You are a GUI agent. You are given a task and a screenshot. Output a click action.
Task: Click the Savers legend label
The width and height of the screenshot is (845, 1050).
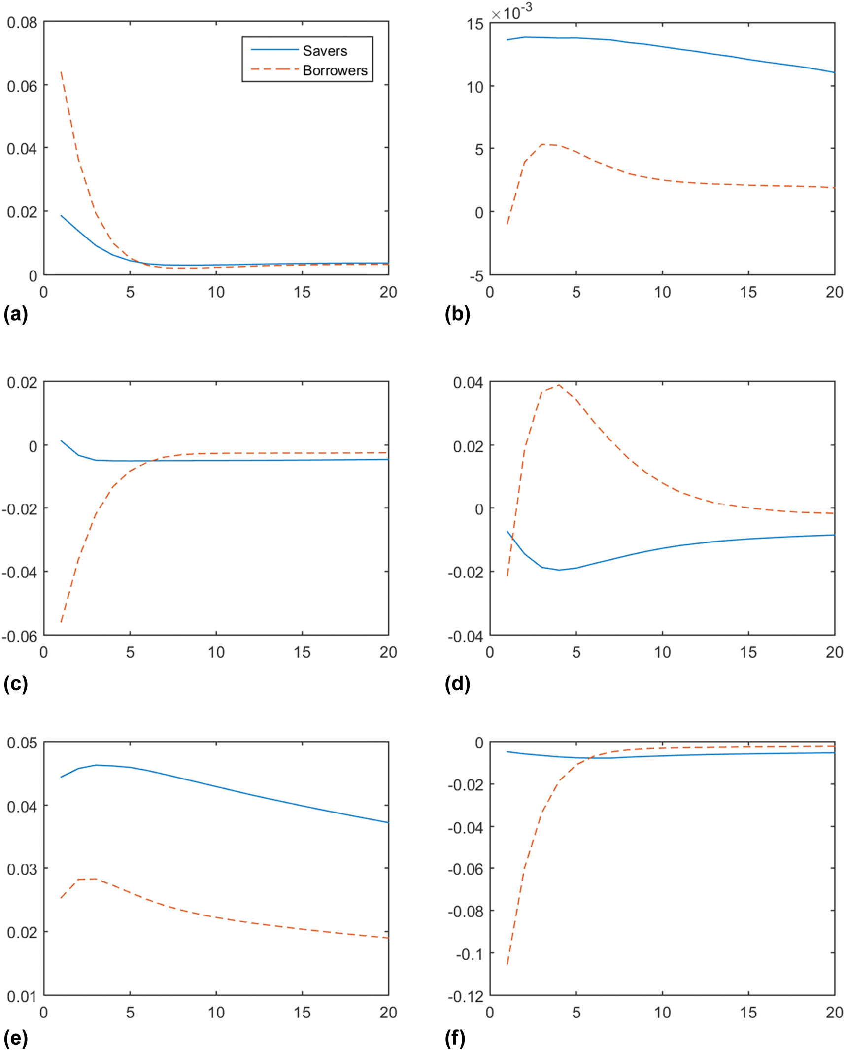coord(325,51)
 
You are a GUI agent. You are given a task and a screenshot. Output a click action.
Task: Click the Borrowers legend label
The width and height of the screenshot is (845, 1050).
coord(335,70)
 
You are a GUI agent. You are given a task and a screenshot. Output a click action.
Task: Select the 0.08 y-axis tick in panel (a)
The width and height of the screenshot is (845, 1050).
coord(22,23)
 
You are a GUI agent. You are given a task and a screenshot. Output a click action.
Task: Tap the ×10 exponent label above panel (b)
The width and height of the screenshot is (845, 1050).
coord(511,12)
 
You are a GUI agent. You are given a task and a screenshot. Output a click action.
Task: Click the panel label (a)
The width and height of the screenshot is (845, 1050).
coord(15,314)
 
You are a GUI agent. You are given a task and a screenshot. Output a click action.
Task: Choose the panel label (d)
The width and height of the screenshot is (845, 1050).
coord(457,683)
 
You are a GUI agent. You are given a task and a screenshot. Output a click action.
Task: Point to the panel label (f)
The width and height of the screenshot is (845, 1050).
coord(455,1038)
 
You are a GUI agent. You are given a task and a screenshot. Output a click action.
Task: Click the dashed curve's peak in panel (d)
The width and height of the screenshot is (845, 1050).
coord(559,385)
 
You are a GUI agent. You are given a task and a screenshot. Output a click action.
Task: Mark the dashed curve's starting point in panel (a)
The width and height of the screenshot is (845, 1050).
coord(61,72)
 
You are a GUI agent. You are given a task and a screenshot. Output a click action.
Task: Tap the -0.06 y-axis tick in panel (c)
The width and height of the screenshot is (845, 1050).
coord(20,636)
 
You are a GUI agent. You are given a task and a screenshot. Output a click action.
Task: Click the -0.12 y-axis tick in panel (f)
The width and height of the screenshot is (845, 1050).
coord(466,996)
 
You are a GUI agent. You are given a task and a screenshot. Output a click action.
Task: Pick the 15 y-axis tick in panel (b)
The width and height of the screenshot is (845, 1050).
coord(475,24)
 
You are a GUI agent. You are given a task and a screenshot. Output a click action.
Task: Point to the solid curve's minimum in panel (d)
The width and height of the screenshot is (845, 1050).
coord(559,570)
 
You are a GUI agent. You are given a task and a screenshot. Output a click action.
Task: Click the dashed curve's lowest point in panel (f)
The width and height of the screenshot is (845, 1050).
coord(507,964)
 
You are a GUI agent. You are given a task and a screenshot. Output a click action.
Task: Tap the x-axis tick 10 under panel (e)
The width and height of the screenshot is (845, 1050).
coord(216,1013)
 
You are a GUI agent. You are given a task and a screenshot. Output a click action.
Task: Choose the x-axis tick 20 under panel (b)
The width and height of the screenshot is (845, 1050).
coord(834,292)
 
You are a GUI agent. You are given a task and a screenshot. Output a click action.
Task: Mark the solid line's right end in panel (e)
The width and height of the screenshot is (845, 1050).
coord(388,822)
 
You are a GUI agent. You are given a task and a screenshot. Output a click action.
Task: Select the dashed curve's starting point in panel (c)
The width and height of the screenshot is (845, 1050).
coord(61,622)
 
